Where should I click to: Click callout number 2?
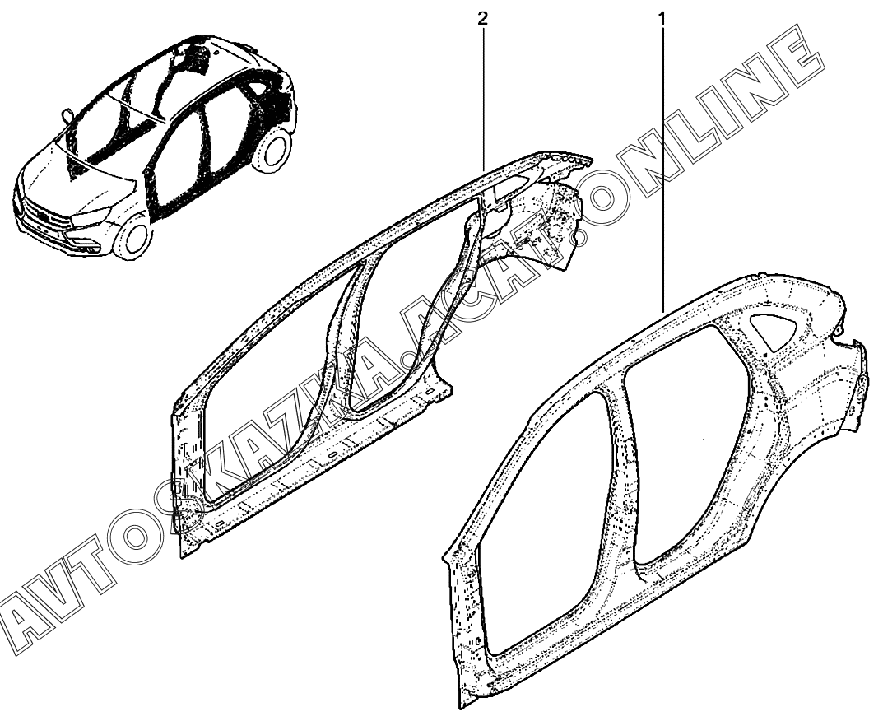[484, 16]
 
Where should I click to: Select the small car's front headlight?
[91, 216]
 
